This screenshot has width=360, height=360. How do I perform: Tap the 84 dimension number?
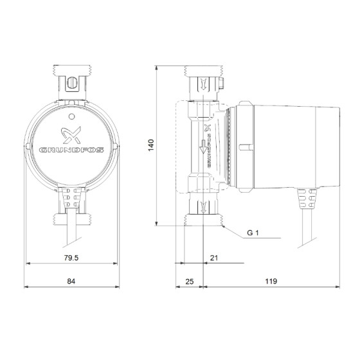pyautogui.click(x=71, y=281)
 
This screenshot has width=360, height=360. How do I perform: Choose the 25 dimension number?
pyautogui.click(x=190, y=281)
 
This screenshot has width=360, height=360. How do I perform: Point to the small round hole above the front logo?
pyautogui.click(x=71, y=116)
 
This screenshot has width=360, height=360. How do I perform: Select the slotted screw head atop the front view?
pyautogui.click(x=71, y=82)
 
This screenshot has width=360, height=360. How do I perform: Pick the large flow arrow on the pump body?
pyautogui.click(x=203, y=148)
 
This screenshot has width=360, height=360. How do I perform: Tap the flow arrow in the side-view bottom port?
pyautogui.click(x=203, y=207)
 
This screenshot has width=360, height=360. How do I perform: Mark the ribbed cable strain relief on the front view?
pyautogui.click(x=71, y=199)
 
